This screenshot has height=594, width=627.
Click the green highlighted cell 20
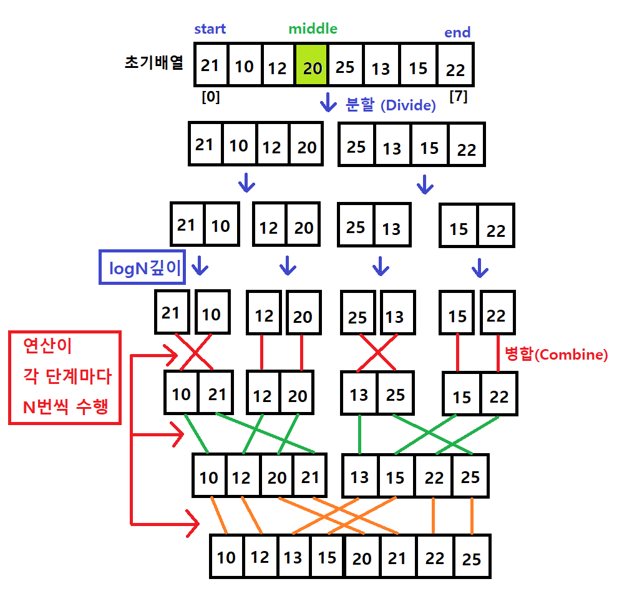pyautogui.click(x=311, y=65)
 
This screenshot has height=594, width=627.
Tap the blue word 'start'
pyautogui.click(x=210, y=29)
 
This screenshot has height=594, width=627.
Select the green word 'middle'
pyautogui.click(x=313, y=29)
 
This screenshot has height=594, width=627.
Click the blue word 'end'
pyautogui.click(x=457, y=32)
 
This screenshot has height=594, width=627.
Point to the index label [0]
pyautogui.click(x=210, y=97)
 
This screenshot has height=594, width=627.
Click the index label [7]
pyautogui.click(x=458, y=97)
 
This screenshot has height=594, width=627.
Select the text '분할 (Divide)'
pyautogui.click(x=391, y=105)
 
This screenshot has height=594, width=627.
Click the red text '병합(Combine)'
pyautogui.click(x=555, y=355)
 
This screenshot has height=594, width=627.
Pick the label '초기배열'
pyautogui.click(x=153, y=64)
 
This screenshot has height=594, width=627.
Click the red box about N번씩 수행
pyautogui.click(x=64, y=377)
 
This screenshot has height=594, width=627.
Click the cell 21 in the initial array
pyautogui.click(x=210, y=65)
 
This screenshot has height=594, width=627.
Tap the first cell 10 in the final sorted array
pyautogui.click(x=226, y=556)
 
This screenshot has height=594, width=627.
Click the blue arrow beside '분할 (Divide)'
pyautogui.click(x=328, y=102)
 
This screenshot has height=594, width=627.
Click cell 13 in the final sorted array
pyautogui.click(x=293, y=556)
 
